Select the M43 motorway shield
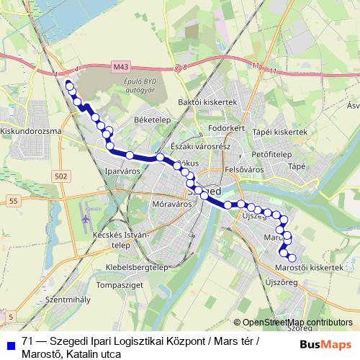coord(120,66)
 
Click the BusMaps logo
coord(325,344)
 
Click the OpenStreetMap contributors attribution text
coord(297,323)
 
